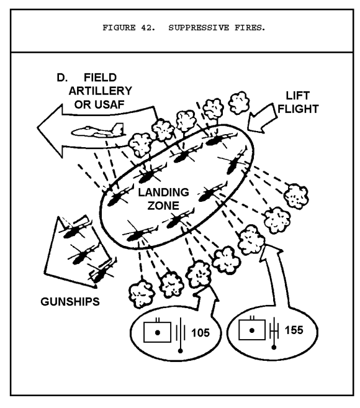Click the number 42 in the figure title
point(148,27)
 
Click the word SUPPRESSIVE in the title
point(199,27)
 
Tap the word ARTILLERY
point(101,91)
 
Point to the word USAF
point(110,104)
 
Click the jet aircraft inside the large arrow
point(97,130)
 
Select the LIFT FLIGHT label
point(299,102)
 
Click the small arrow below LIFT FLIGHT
point(261,119)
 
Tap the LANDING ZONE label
point(163,199)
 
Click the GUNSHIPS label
point(70,302)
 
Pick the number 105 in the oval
point(200,332)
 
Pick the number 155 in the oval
point(294,330)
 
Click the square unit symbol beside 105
point(158,332)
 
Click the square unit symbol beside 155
point(252,329)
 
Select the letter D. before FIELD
point(61,78)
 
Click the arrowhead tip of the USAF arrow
point(38,127)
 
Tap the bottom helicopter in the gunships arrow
point(101,273)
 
